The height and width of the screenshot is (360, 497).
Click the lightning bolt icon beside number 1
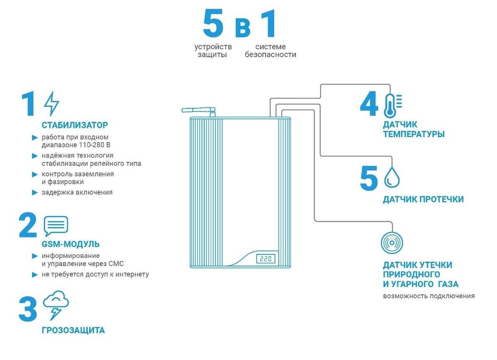(x=52, y=104)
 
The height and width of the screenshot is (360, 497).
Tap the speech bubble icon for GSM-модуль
(x=55, y=226)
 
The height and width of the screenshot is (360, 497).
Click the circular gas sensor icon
(x=392, y=242)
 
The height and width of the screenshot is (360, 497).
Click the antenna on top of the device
(x=198, y=111)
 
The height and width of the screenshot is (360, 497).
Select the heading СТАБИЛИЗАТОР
(x=75, y=125)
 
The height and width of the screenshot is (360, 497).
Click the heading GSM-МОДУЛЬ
(x=70, y=244)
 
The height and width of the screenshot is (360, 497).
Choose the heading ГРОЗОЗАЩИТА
(x=73, y=331)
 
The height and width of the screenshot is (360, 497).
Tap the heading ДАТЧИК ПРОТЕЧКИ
(x=423, y=200)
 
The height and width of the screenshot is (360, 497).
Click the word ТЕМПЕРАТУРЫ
(x=413, y=134)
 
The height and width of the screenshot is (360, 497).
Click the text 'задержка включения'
(x=77, y=192)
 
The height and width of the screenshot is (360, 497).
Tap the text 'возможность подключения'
(x=429, y=296)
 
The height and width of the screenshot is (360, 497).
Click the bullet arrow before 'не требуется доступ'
(x=35, y=275)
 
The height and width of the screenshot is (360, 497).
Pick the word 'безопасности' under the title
(x=270, y=55)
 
